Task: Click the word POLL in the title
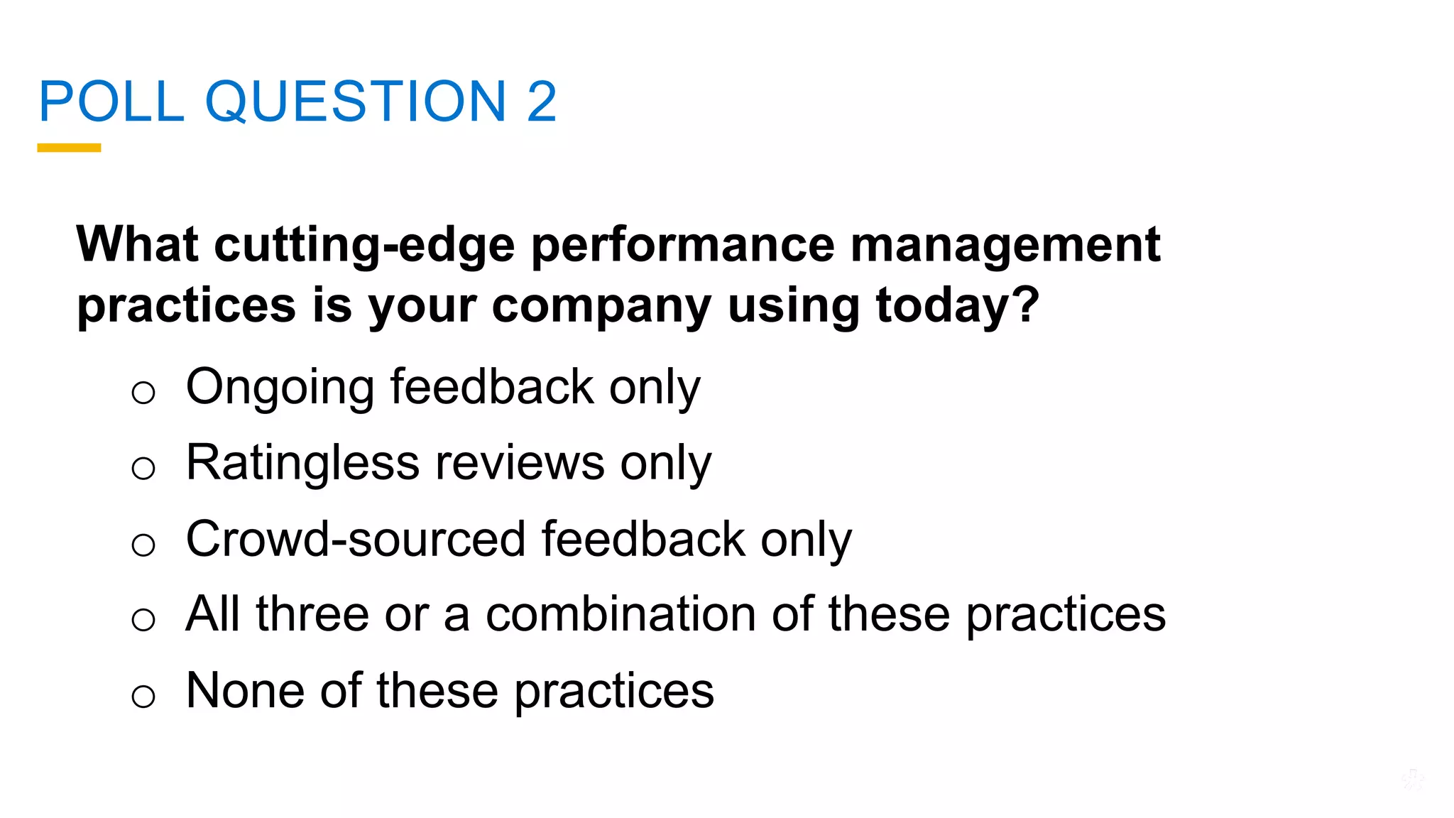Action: (x=111, y=102)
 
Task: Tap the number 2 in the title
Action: (x=542, y=102)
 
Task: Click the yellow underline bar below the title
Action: (x=69, y=148)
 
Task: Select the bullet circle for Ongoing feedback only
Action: (x=143, y=392)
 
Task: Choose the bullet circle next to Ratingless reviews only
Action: (x=143, y=468)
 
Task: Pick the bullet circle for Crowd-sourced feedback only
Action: (x=143, y=545)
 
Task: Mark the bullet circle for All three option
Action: (x=143, y=619)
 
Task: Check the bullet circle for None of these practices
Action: (x=143, y=696)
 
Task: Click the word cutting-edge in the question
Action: (x=364, y=245)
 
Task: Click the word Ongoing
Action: (x=280, y=388)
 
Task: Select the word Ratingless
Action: (x=302, y=464)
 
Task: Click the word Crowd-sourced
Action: (x=355, y=539)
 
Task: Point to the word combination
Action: (x=621, y=614)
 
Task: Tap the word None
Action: (x=245, y=690)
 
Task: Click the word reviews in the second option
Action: (x=520, y=464)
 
